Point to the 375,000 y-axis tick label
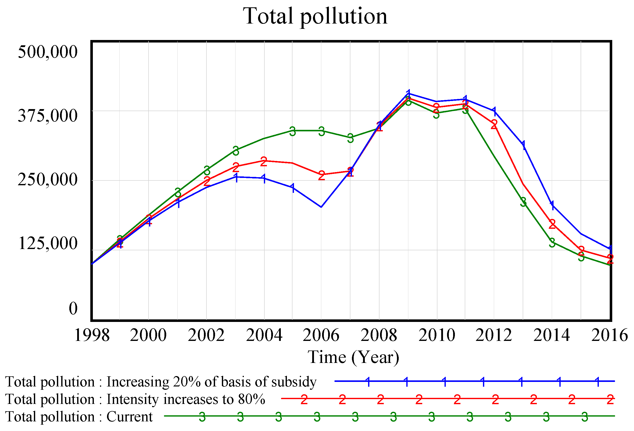(x=48, y=115)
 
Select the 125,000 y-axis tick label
(x=48, y=243)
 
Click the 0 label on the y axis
(x=73, y=309)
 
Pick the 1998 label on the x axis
(x=92, y=335)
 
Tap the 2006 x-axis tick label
(x=321, y=335)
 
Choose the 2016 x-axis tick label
(x=609, y=335)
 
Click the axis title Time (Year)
(x=353, y=357)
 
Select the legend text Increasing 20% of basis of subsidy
(x=212, y=382)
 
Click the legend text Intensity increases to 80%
(x=185, y=399)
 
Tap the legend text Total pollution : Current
(x=79, y=417)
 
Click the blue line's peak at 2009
(x=408, y=93)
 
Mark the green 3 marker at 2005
(x=292, y=131)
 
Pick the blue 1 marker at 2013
(x=523, y=145)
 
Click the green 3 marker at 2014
(x=552, y=242)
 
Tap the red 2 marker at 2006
(x=321, y=175)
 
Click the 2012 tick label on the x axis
(x=494, y=335)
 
